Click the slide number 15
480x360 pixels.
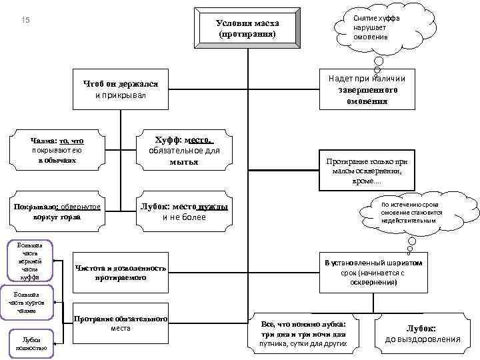25,21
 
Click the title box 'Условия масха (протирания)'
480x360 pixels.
247,27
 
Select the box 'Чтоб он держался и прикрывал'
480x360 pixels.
120,90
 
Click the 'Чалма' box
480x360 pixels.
57,151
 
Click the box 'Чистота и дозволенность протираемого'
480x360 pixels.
120,272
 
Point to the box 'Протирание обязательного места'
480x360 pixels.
120,323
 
